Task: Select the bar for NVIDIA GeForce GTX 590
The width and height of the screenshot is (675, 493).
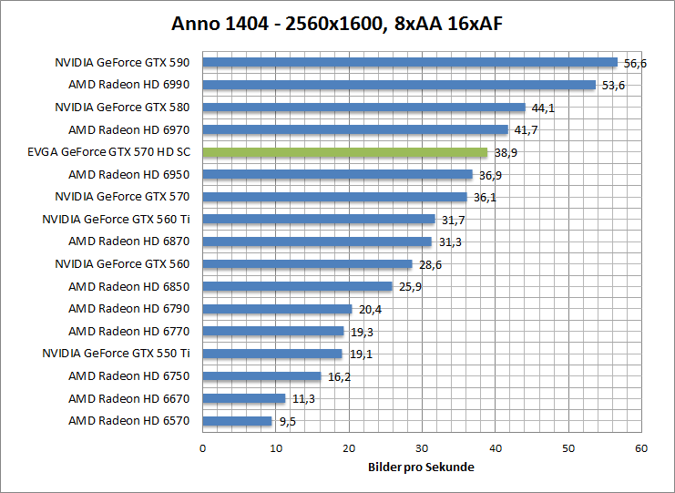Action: [x=410, y=63]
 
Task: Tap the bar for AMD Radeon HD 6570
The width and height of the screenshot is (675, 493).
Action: [x=237, y=421]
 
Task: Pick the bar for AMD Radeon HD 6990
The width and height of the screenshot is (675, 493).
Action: [x=399, y=85]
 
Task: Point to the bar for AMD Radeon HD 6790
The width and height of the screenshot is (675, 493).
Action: [x=277, y=309]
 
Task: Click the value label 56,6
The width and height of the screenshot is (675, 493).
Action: [x=635, y=64]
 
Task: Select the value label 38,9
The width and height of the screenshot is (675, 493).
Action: [x=506, y=153]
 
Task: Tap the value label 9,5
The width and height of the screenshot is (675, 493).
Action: [x=287, y=422]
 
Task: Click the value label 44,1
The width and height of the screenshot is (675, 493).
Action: [x=543, y=108]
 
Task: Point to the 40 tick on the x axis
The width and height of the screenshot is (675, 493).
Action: [x=495, y=448]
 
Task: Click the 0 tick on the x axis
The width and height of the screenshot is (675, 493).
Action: [x=202, y=448]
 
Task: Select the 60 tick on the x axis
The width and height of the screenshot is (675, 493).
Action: [x=641, y=448]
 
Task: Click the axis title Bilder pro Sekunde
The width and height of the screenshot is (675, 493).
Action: [x=421, y=467]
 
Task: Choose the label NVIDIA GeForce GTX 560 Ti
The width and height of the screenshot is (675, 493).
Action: [x=116, y=220]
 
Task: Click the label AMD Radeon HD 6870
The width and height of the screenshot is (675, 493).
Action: [x=129, y=241]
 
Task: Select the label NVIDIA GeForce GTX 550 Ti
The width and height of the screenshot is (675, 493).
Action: [x=116, y=354]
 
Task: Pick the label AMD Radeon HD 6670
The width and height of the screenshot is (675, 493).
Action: [x=129, y=398]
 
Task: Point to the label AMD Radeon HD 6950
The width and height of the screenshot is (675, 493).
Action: [x=129, y=175]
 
